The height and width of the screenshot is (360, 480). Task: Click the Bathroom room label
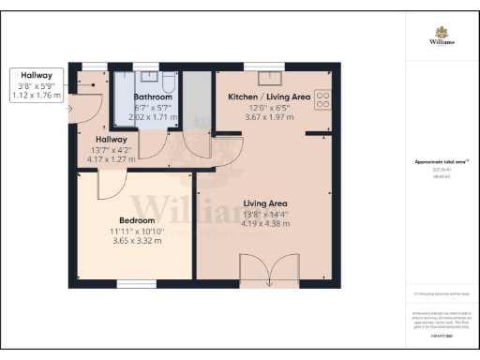click(x=153, y=97)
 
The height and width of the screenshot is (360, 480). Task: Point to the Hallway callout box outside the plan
click(x=37, y=84)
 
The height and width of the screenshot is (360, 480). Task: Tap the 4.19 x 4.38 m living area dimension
click(x=265, y=223)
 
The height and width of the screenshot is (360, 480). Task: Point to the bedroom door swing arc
click(x=110, y=185)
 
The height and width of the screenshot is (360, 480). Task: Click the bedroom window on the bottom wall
click(x=137, y=283)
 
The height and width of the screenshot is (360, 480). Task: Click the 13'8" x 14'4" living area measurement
click(x=265, y=213)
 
